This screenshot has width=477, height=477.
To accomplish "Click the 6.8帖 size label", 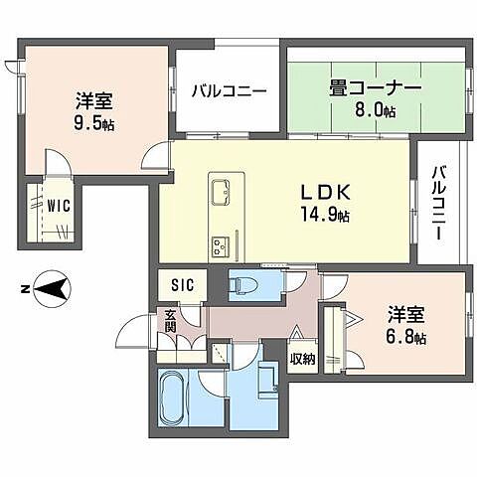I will click(x=406, y=338).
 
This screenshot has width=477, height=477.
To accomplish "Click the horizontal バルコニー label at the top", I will click(x=230, y=91).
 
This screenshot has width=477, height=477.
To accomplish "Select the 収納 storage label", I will click(x=302, y=359).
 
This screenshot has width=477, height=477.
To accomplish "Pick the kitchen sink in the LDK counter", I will click(x=221, y=188).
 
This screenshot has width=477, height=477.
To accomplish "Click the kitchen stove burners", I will click(x=220, y=243).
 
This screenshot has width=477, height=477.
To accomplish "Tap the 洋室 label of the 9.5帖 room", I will click(x=92, y=100).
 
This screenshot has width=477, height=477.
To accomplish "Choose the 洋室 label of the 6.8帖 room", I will click(x=406, y=317).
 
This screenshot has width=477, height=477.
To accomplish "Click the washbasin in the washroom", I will click(x=265, y=381).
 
